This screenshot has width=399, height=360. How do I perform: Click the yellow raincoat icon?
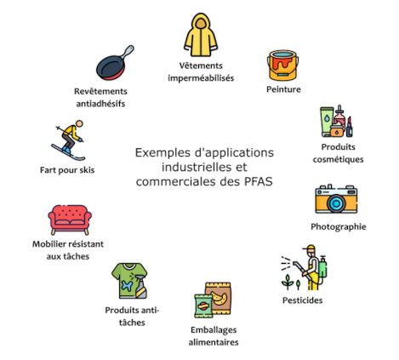(x=201, y=35)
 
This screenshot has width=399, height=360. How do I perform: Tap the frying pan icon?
(x=114, y=64)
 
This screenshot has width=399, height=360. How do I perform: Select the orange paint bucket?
(x=282, y=66)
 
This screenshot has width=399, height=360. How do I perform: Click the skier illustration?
(x=70, y=140)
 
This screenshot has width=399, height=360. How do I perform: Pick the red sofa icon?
(x=70, y=220)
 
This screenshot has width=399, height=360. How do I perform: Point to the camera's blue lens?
(x=336, y=203)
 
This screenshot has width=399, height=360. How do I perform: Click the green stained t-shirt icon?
(x=129, y=281)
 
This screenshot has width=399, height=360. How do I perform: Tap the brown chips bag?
(x=219, y=298)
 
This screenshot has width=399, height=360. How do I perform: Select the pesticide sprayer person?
(x=313, y=267)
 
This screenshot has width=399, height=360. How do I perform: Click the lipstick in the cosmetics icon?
(x=349, y=127)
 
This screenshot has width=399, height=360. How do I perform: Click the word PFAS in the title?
(x=259, y=181)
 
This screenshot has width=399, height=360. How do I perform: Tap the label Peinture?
(x=283, y=89)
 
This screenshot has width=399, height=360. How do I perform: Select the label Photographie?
(x=339, y=226)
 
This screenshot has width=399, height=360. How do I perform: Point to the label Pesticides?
(x=303, y=300)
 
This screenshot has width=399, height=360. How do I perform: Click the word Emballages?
(x=214, y=330)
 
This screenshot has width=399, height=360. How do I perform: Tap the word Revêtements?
(x=100, y=91)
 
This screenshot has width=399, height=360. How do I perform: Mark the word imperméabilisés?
(x=201, y=78)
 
